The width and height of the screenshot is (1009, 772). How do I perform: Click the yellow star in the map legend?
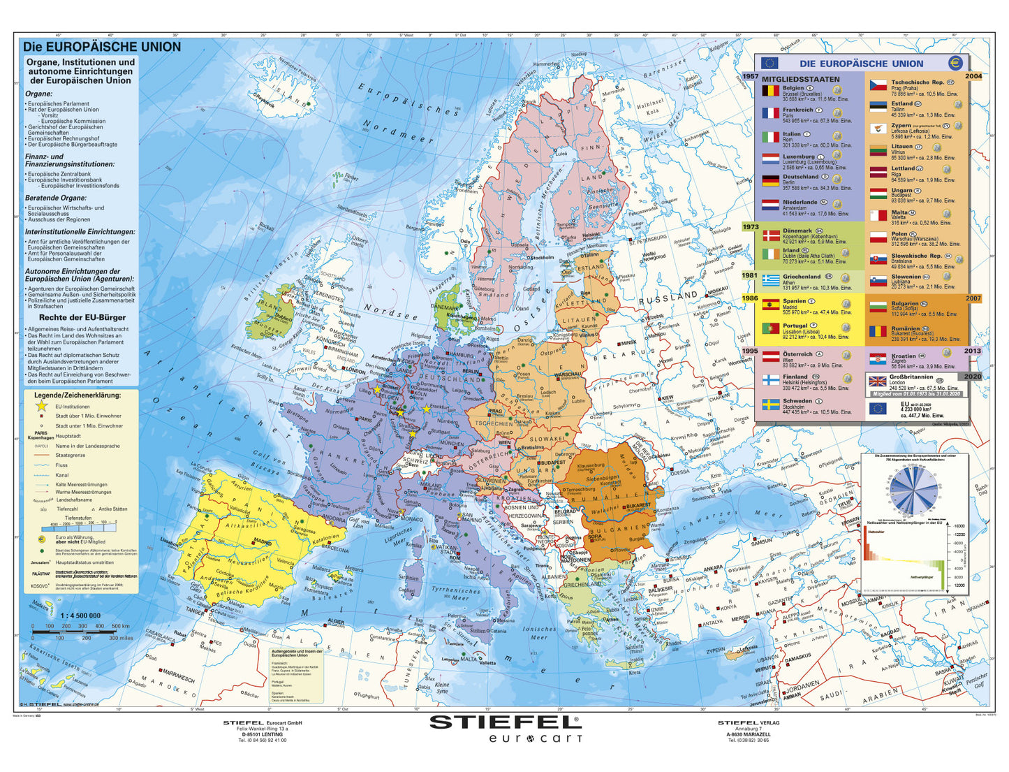coord(41,406)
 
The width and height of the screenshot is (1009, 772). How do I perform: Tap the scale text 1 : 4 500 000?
coord(80,616)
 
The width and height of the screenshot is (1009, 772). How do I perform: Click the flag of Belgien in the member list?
coord(770,91)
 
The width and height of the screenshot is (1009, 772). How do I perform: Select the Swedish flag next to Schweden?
coord(770,405)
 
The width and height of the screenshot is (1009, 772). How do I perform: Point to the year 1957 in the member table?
coord(750,77)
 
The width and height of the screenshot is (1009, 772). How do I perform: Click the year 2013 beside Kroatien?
coord(972,351)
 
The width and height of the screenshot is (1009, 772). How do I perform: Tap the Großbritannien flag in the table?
coord(876,381)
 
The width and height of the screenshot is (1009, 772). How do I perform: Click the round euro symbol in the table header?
coord(955,63)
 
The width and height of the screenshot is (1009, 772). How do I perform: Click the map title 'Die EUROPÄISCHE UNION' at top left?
coord(102,47)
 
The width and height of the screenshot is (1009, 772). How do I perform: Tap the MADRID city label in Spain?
coord(263,541)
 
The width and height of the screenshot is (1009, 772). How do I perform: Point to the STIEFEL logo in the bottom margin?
coord(504,722)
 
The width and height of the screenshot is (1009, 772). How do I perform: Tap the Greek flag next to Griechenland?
coord(770,280)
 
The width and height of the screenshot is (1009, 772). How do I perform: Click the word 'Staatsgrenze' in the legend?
coord(71,455)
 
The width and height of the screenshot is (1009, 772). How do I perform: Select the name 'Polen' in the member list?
coord(899,234)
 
